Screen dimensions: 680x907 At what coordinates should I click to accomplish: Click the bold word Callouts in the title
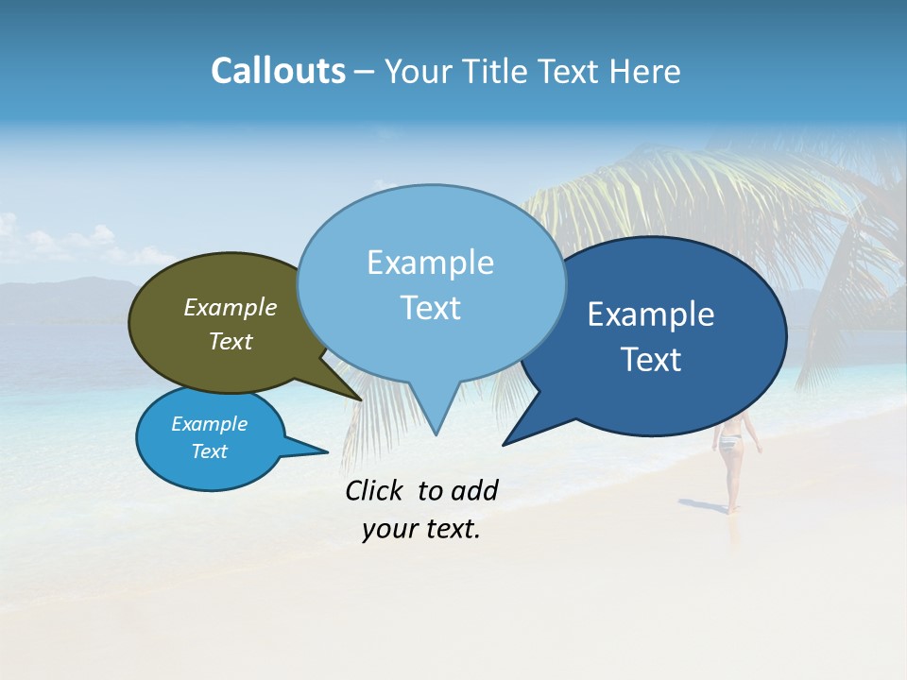[x=278, y=71]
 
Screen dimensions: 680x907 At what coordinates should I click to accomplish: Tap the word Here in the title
[x=643, y=72]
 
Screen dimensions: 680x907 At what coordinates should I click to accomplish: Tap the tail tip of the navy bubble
[x=504, y=444]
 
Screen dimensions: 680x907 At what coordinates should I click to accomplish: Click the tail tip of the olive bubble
[x=361, y=399]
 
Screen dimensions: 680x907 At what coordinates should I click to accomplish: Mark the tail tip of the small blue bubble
[x=328, y=451]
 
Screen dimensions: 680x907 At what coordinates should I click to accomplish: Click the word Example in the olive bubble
[x=231, y=308]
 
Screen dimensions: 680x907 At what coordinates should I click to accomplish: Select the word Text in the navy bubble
[x=651, y=360]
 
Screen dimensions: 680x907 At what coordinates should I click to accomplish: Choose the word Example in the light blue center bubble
[x=430, y=263]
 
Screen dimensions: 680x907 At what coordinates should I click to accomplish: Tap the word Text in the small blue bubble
[x=210, y=451]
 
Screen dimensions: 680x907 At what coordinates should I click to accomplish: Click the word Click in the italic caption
[x=373, y=490]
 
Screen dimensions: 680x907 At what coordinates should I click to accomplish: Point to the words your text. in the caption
[x=421, y=530]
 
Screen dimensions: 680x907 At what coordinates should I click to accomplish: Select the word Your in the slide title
[x=417, y=72]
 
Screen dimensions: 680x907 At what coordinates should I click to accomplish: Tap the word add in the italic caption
[x=474, y=490]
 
